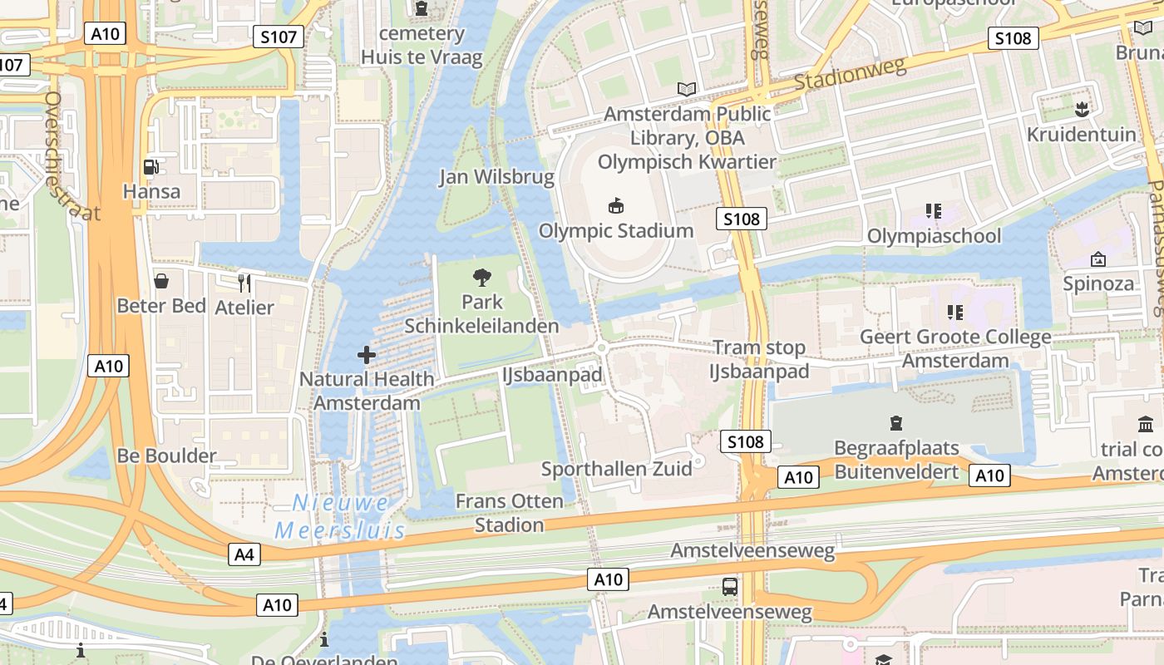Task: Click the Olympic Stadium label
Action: tap(616, 231)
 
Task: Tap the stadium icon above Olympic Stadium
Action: tap(616, 205)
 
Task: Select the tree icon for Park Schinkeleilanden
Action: tap(481, 278)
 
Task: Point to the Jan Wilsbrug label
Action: tap(496, 177)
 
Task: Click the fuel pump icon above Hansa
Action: tap(151, 166)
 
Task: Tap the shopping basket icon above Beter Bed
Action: tap(161, 281)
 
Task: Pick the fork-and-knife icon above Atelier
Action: tap(244, 283)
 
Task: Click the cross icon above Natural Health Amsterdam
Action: tap(367, 355)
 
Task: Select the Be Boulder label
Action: tap(166, 456)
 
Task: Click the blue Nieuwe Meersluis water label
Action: tap(341, 516)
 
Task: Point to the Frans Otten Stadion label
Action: tap(509, 513)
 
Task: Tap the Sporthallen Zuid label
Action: tap(616, 469)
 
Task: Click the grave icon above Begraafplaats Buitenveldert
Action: tap(896, 423)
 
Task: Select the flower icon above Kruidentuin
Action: tap(1081, 109)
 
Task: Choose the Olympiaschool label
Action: tap(934, 236)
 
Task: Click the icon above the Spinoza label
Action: tap(1097, 259)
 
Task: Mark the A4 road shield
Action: tap(244, 554)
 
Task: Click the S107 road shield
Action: tap(279, 37)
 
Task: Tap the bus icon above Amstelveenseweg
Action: tap(730, 586)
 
